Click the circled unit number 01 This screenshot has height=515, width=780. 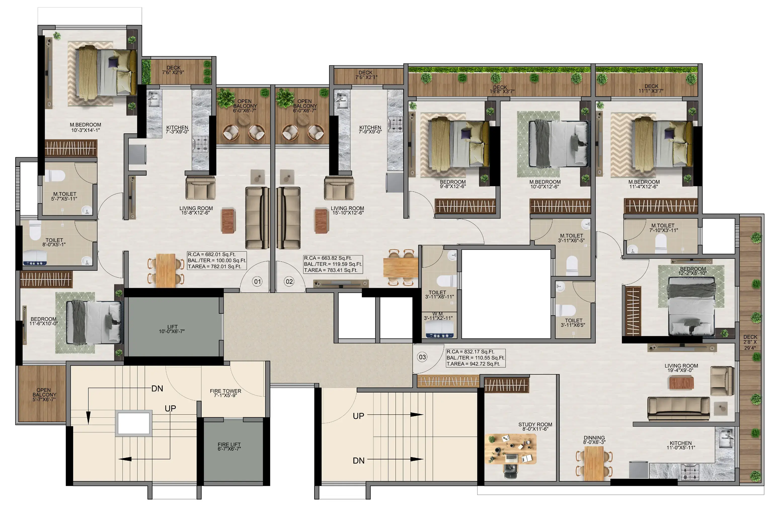coord(257,282)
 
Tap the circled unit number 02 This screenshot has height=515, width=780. coord(289,282)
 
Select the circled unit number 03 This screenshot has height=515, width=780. coord(422,357)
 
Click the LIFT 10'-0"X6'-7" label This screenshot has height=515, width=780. coord(172,329)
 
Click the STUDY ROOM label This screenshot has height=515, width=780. coord(535,424)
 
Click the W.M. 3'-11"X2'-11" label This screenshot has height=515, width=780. coord(438,316)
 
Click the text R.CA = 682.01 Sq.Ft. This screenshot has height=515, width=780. coord(212,254)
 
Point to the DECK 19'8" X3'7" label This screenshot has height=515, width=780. coord(500,89)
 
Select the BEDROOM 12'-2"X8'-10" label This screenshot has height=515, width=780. coord(693,271)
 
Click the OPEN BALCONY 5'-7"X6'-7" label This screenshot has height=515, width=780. coord(44,394)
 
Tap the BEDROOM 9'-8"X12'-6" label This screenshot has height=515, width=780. coord(453,184)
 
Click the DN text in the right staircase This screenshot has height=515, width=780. coord(359,461)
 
